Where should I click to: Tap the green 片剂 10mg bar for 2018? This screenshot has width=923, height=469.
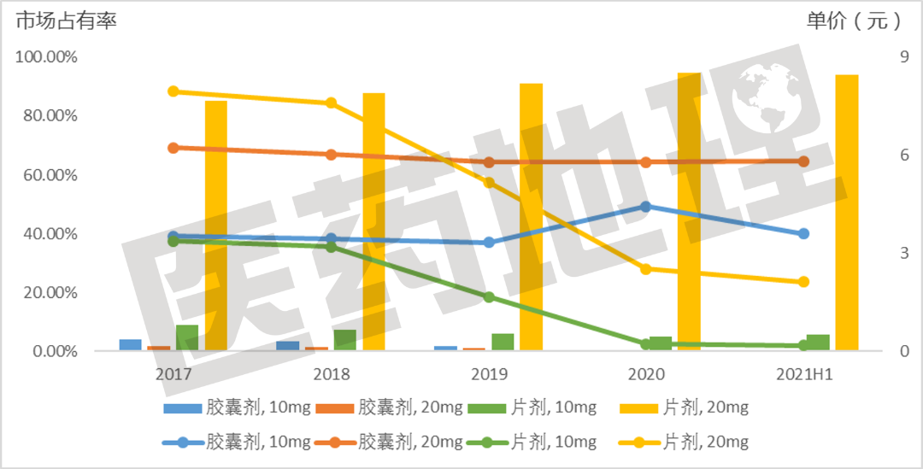pyautogui.click(x=344, y=340)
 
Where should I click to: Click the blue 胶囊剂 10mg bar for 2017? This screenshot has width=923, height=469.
pyautogui.click(x=130, y=344)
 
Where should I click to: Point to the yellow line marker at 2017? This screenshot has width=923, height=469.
pyautogui.click(x=173, y=91)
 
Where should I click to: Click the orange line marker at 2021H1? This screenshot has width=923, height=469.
pyautogui.click(x=803, y=161)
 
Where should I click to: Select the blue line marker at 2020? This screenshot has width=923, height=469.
pyautogui.click(x=645, y=207)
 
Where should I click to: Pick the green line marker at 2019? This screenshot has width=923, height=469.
pyautogui.click(x=489, y=297)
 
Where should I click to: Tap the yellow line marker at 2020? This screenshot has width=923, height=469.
pyautogui.click(x=645, y=269)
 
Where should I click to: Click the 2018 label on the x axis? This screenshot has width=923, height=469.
pyautogui.click(x=331, y=374)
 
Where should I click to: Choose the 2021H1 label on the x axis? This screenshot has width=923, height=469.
pyautogui.click(x=803, y=374)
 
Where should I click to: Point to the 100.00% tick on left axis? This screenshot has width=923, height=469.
pyautogui.click(x=47, y=57)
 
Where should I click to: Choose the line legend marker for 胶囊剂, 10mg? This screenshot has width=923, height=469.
pyautogui.click(x=182, y=443)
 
